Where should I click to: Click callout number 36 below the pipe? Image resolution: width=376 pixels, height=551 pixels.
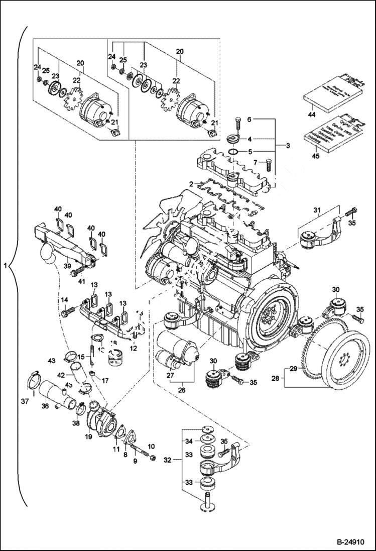point(45,407)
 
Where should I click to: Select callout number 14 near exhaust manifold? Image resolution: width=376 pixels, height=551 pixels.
point(64,300)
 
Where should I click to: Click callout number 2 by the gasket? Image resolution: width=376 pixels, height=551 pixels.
point(191,185)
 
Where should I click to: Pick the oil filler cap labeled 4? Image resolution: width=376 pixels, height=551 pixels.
point(234,139)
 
